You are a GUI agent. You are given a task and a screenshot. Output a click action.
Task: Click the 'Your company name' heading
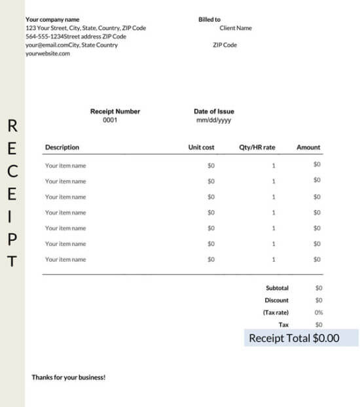[x=52, y=20]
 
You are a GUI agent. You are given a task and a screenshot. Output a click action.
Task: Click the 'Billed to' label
[x=209, y=20]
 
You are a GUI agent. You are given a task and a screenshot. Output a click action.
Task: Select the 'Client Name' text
[x=236, y=28]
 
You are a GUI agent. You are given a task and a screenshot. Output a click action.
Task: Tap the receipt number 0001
[x=110, y=120]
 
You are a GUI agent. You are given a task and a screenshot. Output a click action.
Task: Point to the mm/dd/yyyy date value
[x=213, y=120]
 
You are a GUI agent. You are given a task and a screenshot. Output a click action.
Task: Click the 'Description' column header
[x=62, y=147]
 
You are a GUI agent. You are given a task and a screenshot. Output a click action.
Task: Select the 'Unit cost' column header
[x=201, y=147]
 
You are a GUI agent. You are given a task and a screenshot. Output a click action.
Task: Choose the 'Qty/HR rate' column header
[x=257, y=147]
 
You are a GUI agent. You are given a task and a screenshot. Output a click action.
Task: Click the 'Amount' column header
[x=308, y=147]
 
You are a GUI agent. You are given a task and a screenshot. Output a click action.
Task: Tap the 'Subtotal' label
[x=277, y=288]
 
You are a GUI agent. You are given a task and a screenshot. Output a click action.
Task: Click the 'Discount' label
[x=277, y=300]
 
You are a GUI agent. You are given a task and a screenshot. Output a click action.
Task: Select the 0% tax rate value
[x=319, y=313]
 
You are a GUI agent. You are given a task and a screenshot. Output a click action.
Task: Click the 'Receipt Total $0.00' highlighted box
[x=301, y=338]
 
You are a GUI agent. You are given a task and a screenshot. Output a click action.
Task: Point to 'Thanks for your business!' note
[x=69, y=378]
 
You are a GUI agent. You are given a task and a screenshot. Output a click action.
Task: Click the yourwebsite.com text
[x=48, y=54]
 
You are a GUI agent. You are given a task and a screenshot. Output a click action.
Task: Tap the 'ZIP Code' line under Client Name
[x=225, y=45]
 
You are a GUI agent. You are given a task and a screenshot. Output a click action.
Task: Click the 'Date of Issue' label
[x=214, y=112]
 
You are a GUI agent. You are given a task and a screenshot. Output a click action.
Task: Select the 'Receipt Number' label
[x=115, y=112]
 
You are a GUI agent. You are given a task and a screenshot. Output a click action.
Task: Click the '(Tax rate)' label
[x=276, y=313]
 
